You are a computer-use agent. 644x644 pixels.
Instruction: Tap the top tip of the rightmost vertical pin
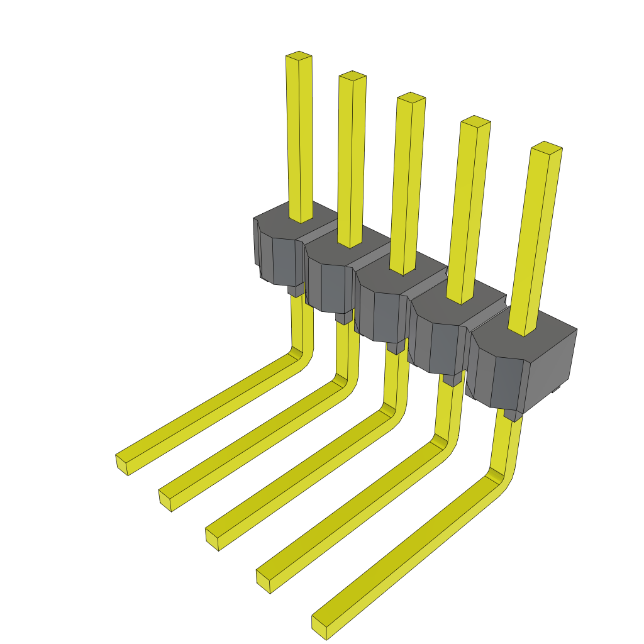pos(546,147)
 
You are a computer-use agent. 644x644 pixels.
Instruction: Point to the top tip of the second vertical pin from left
pos(353,76)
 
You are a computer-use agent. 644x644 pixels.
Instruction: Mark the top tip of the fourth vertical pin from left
pos(475,121)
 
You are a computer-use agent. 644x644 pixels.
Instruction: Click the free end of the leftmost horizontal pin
pos(123,464)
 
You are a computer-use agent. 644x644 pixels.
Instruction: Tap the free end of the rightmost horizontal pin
pos(319,628)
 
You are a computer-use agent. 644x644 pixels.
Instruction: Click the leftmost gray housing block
pos(277,252)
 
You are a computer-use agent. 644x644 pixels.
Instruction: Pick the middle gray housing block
pos(384,302)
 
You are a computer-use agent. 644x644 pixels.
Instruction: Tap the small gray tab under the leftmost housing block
pos(295,290)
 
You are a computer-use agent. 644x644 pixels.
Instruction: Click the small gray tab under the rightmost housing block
pos(513,415)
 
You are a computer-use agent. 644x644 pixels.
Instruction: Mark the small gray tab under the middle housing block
pos(396,347)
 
